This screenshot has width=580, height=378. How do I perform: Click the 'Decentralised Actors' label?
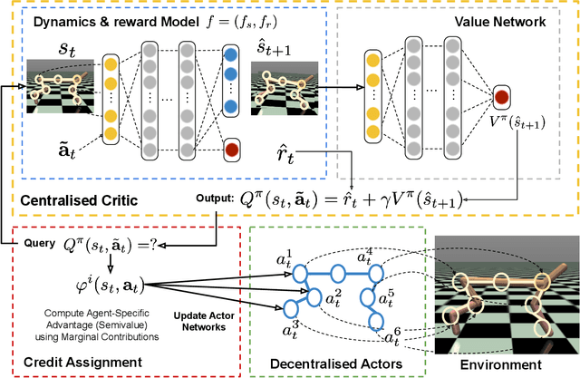(x=334, y=363)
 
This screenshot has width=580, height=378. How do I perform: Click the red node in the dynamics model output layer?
(x=233, y=148)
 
